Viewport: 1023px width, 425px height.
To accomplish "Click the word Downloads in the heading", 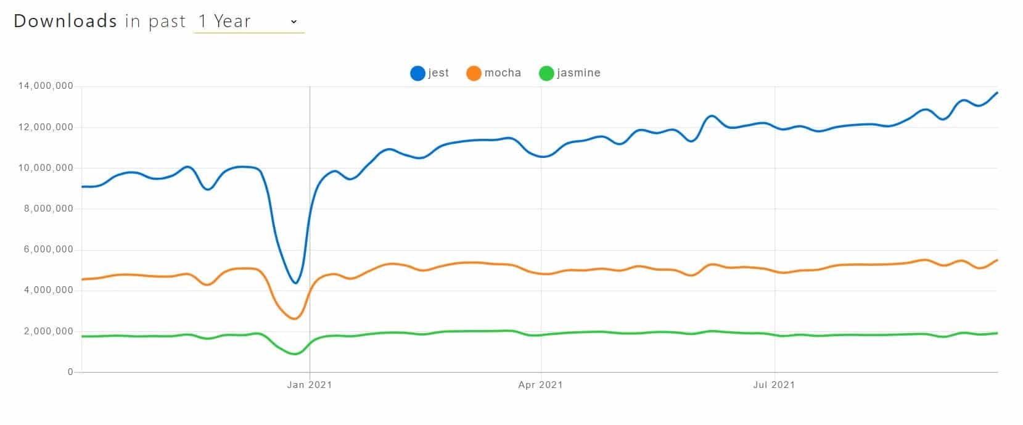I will (65, 21).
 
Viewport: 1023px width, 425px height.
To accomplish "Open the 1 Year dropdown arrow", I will (294, 22).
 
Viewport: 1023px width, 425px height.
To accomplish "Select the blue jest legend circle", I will (417, 73).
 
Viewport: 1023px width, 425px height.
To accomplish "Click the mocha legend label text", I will (503, 73).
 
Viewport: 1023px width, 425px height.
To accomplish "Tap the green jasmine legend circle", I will (546, 73).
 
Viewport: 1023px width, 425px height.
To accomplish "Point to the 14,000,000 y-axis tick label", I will (46, 86).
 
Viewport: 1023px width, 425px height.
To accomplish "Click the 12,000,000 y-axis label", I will (46, 127).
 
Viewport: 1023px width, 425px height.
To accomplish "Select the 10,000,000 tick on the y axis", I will (46, 168).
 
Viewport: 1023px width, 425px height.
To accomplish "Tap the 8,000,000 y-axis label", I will (48, 208).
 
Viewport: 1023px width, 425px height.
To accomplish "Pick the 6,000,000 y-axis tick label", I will (48, 249).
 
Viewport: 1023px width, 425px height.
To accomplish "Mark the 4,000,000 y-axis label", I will (48, 290).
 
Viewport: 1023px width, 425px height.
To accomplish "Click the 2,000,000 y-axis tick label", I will (48, 331).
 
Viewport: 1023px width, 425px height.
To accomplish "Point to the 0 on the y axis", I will (70, 372).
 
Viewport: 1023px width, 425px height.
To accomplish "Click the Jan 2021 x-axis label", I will (310, 385).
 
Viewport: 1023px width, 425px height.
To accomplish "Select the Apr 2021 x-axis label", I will (540, 385).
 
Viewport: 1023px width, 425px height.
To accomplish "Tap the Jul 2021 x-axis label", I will (774, 385).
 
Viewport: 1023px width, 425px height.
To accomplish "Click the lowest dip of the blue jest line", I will (296, 283).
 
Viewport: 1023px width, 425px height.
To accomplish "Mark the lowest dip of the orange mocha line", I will (295, 318).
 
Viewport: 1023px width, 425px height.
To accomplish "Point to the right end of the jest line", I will (997, 93).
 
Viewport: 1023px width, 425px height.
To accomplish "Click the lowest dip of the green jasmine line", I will (295, 353).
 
